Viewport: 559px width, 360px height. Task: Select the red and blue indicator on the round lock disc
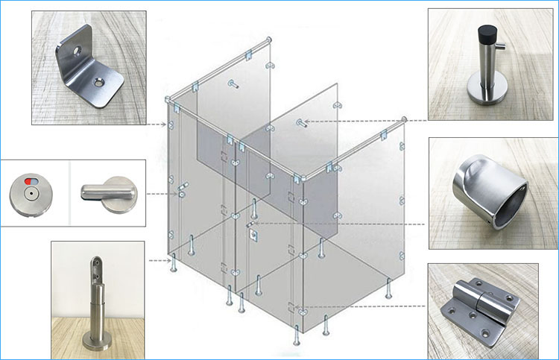(x=29, y=180)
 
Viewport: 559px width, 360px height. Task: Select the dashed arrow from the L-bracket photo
(x=157, y=123)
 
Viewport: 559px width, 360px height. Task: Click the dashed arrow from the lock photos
(x=164, y=193)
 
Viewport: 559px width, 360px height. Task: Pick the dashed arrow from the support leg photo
(x=160, y=260)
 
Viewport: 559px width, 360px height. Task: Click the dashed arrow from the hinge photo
(x=365, y=306)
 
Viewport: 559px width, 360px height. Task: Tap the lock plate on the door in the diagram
(x=253, y=233)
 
